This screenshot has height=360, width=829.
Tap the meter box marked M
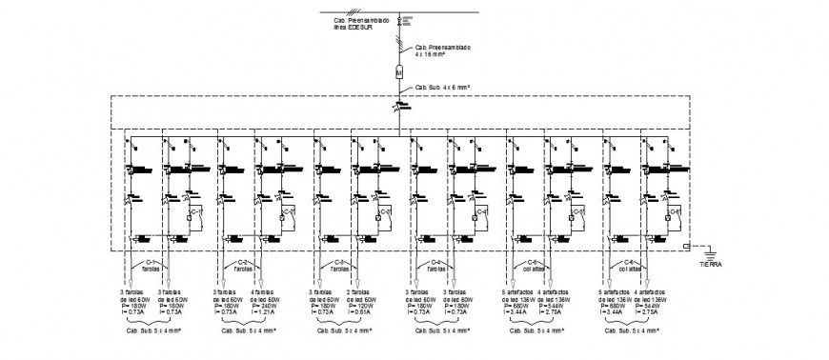click(401, 70)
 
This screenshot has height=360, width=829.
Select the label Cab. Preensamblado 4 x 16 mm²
click(443, 50)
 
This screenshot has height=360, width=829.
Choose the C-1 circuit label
click(148, 262)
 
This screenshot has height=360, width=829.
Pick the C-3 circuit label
click(338, 262)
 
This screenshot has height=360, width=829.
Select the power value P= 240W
click(266, 305)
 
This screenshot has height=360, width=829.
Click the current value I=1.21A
click(265, 311)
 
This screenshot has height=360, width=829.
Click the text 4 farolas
click(266, 291)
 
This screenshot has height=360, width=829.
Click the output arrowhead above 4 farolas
click(261, 283)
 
